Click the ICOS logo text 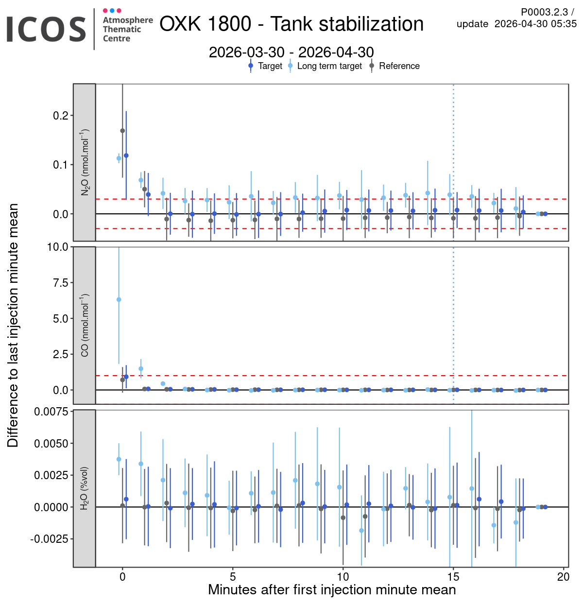[x=46, y=29]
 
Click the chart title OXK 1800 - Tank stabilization [x=291, y=24]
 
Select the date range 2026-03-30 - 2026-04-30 [x=291, y=52]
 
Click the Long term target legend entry [x=329, y=66]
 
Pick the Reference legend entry [x=399, y=66]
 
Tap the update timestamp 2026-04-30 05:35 [x=535, y=24]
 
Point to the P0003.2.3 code [x=544, y=12]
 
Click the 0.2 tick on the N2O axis [x=60, y=116]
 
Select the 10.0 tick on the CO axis [x=58, y=247]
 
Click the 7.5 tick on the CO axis [x=60, y=283]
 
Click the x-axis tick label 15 [x=453, y=577]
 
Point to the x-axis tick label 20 [x=564, y=577]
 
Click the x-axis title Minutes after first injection [x=332, y=590]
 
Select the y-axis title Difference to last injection [x=13, y=325]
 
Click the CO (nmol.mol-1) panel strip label [x=85, y=325]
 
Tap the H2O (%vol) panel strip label [x=85, y=488]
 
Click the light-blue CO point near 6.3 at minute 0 [x=119, y=300]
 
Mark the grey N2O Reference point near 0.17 [x=122, y=131]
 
